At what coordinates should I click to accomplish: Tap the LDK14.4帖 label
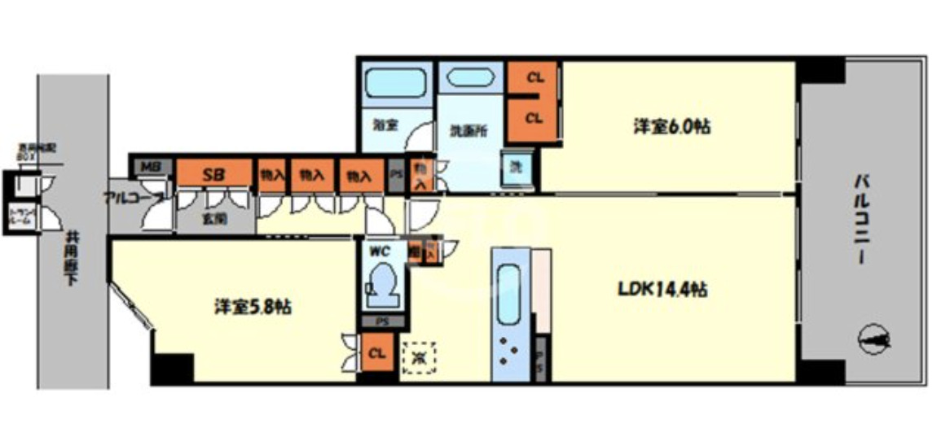pos(662,289)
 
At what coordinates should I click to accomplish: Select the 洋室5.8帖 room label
pos(253,307)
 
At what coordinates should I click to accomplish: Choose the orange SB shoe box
pos(214,174)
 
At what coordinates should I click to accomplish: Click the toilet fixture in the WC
pos(381,285)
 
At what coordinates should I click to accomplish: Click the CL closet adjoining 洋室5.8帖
pos(376,355)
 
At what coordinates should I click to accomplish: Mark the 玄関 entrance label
pos(215,218)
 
